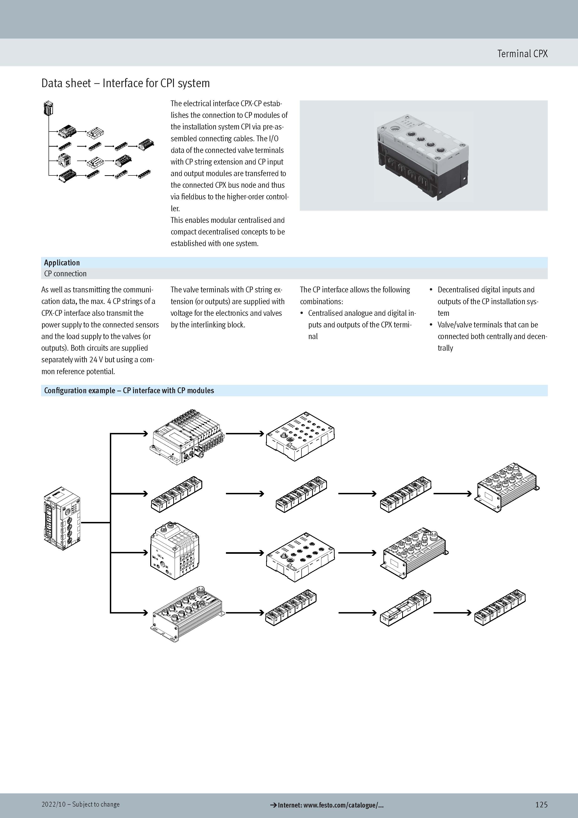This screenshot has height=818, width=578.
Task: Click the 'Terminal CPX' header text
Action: click(x=522, y=54)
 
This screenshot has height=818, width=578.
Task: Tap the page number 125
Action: click(x=541, y=805)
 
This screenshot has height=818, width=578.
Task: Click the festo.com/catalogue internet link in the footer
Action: click(x=327, y=805)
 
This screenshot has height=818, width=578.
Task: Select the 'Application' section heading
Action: click(x=62, y=263)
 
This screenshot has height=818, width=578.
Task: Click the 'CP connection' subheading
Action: click(x=65, y=274)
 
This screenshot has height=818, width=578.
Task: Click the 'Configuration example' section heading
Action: click(x=129, y=390)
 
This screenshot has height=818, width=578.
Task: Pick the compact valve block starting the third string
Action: click(x=175, y=551)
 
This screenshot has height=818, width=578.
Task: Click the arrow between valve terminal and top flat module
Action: click(x=245, y=434)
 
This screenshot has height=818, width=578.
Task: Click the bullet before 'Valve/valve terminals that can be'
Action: click(x=431, y=325)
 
